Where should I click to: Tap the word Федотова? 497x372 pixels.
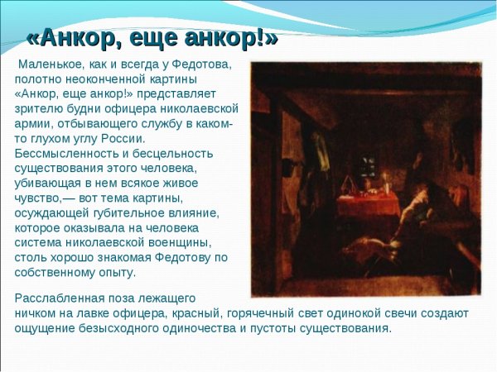pos(204,64)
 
